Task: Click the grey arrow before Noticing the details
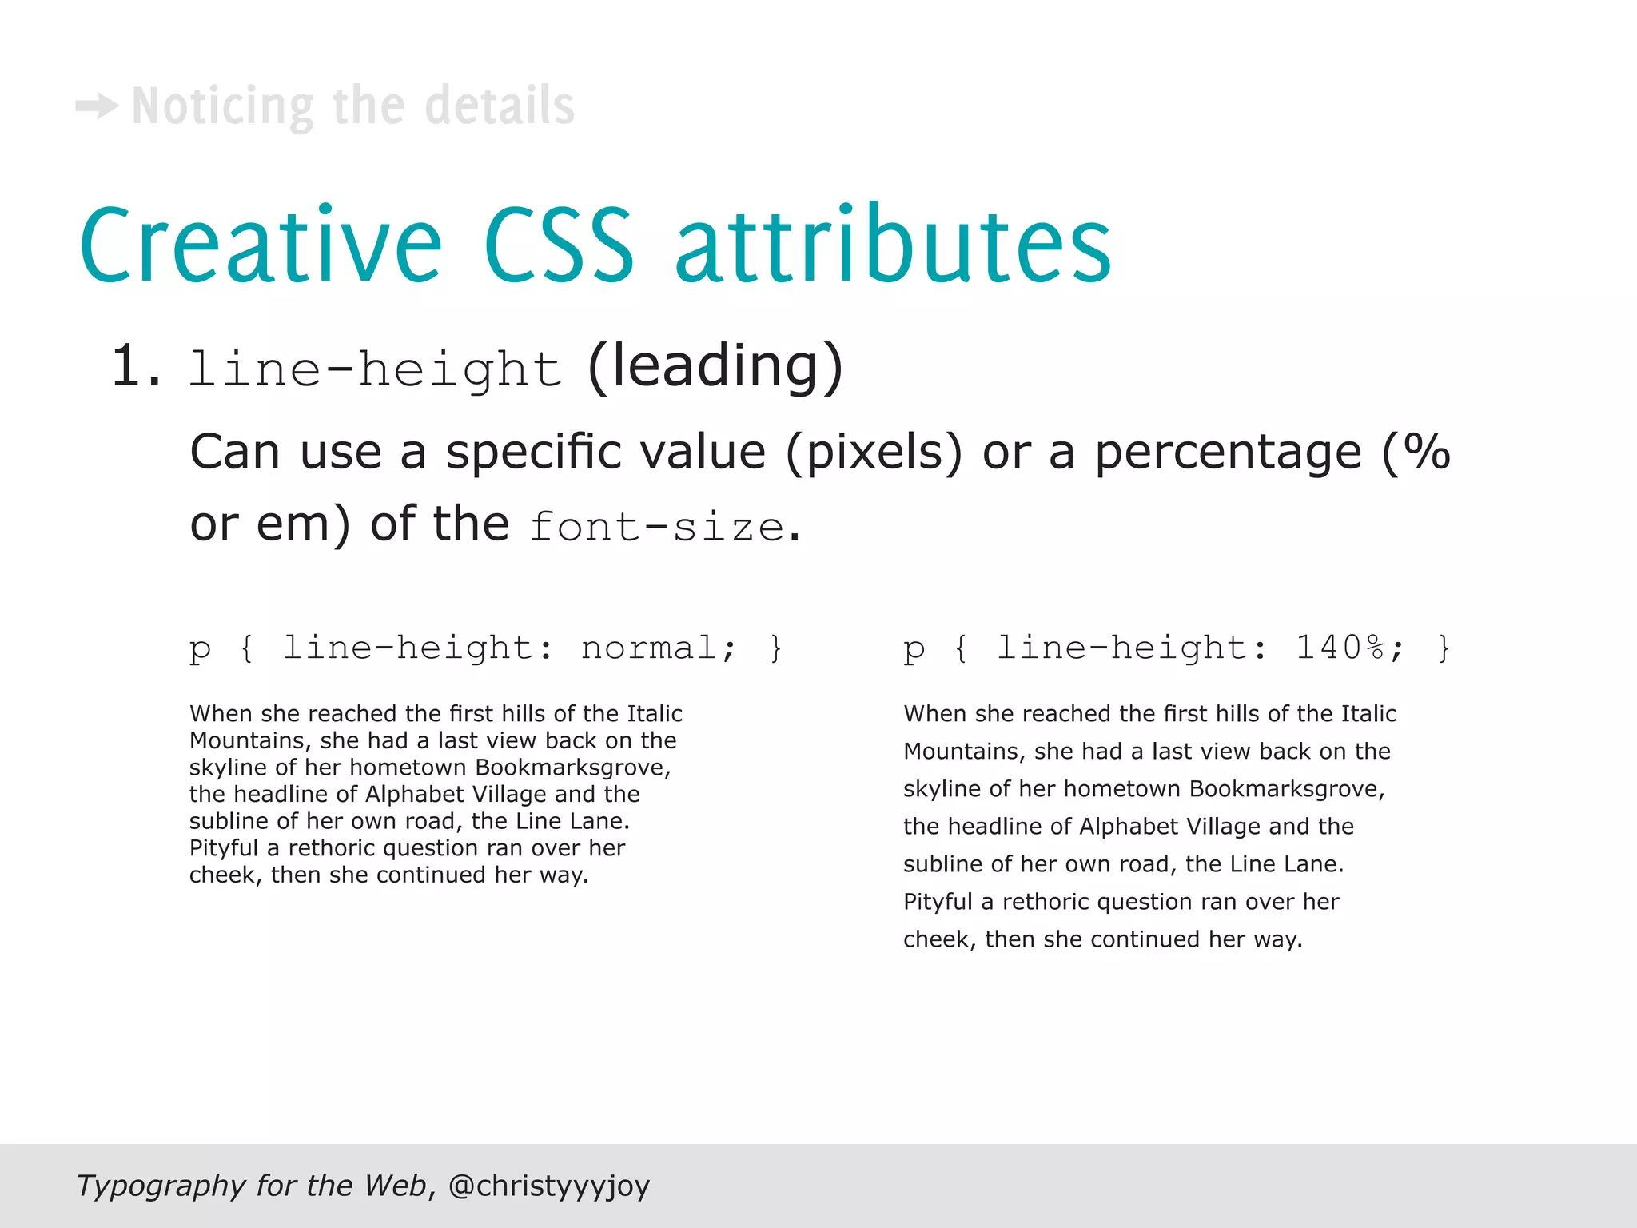point(97,106)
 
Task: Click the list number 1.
point(136,367)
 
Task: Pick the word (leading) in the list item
point(715,367)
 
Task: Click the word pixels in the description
point(874,453)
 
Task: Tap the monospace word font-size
point(656,527)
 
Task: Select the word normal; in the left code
point(659,648)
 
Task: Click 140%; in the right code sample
point(1349,648)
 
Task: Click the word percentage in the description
point(1228,453)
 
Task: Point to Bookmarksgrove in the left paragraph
point(572,767)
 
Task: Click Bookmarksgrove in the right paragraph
point(1287,789)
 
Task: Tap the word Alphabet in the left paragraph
point(414,795)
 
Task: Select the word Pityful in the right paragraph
point(937,902)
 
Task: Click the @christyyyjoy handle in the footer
point(549,1186)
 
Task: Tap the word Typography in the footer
point(161,1186)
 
